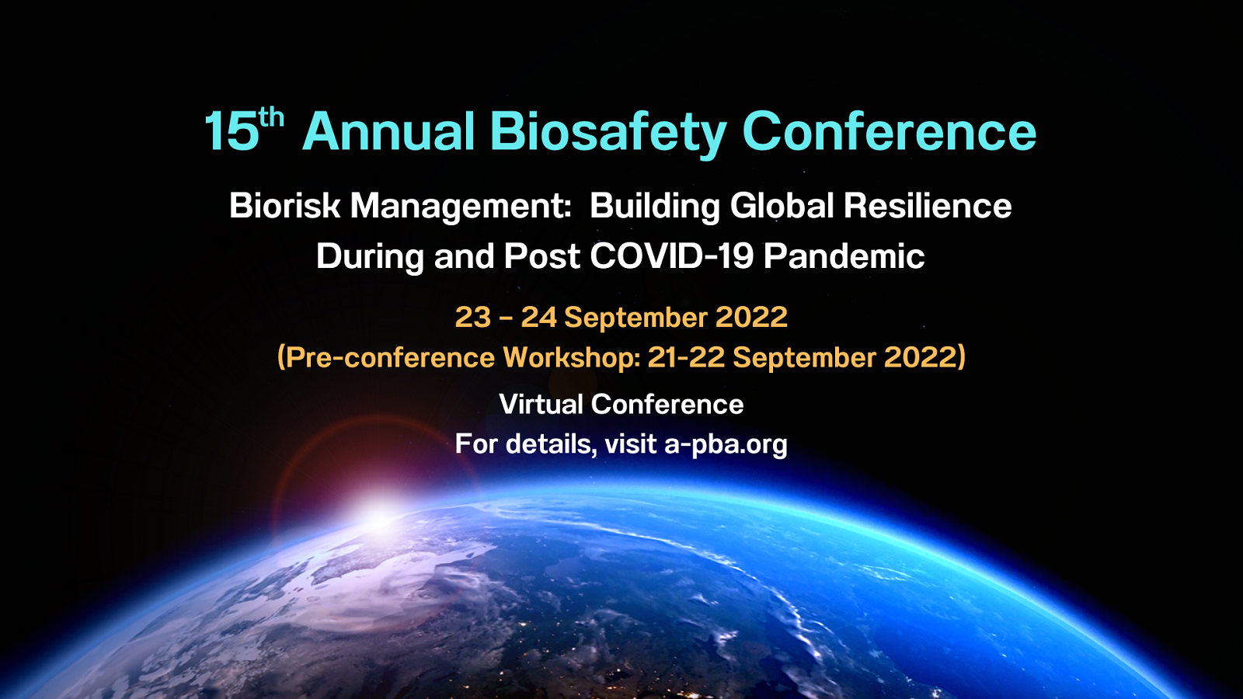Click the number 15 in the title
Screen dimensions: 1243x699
pos(232,131)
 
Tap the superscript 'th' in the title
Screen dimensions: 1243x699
pos(271,120)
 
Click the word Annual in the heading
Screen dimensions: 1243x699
pos(388,131)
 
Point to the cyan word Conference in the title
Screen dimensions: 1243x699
pos(889,131)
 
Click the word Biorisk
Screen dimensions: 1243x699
pos(284,205)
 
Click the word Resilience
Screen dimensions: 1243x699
pos(928,205)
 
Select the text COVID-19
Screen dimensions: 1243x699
pos(671,256)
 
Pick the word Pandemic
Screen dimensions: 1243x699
pos(844,256)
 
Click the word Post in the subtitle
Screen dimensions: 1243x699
pos(541,256)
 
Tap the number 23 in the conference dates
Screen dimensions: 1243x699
pos(473,318)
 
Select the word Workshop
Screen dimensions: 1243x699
pos(572,356)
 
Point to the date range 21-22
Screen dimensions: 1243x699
pos(686,356)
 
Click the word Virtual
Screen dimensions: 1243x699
pos(541,404)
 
